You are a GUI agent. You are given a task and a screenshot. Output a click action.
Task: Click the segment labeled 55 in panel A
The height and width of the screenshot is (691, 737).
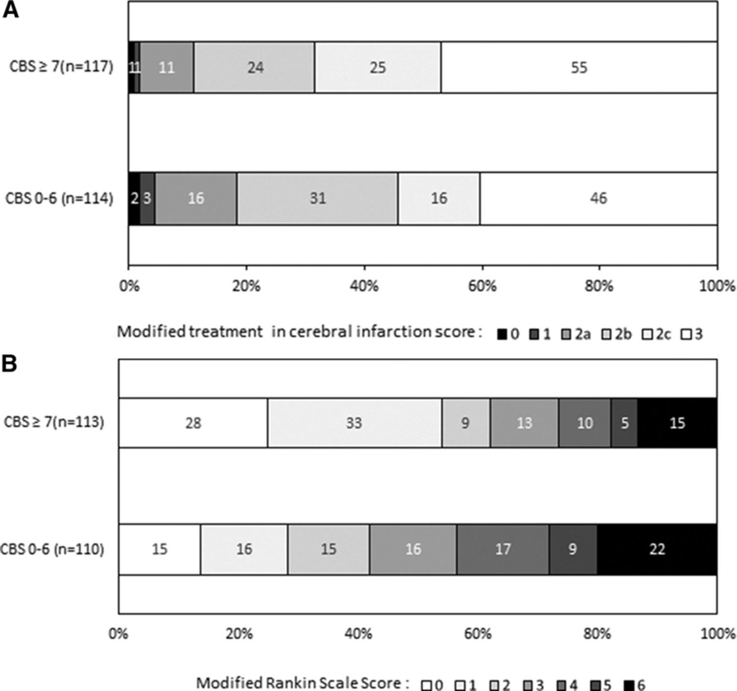coord(579,68)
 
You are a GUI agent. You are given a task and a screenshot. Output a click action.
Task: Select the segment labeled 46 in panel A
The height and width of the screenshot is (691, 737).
coord(598,198)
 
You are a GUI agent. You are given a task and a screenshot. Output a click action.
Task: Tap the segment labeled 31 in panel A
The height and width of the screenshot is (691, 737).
coord(317,198)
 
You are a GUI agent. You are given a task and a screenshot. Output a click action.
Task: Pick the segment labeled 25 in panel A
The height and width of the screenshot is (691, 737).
coord(377,68)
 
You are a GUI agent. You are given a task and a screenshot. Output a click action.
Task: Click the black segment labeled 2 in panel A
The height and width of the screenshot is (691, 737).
coord(134,198)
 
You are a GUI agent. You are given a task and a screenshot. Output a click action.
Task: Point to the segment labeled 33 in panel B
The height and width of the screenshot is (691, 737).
coord(354,423)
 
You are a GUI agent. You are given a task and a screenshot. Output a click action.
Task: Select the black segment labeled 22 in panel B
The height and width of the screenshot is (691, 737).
coord(657,549)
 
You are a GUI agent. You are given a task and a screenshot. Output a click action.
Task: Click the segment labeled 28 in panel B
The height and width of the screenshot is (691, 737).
coord(193,423)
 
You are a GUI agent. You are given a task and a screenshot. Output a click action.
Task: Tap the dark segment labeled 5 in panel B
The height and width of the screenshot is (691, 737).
coord(624,423)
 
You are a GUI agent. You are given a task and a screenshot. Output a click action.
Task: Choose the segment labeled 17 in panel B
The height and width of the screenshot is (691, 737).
coord(502,549)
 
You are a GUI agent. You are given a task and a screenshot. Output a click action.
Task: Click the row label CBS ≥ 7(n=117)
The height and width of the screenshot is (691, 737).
coord(62,67)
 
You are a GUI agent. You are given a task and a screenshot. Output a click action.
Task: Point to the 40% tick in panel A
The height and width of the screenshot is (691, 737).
coord(364,286)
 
